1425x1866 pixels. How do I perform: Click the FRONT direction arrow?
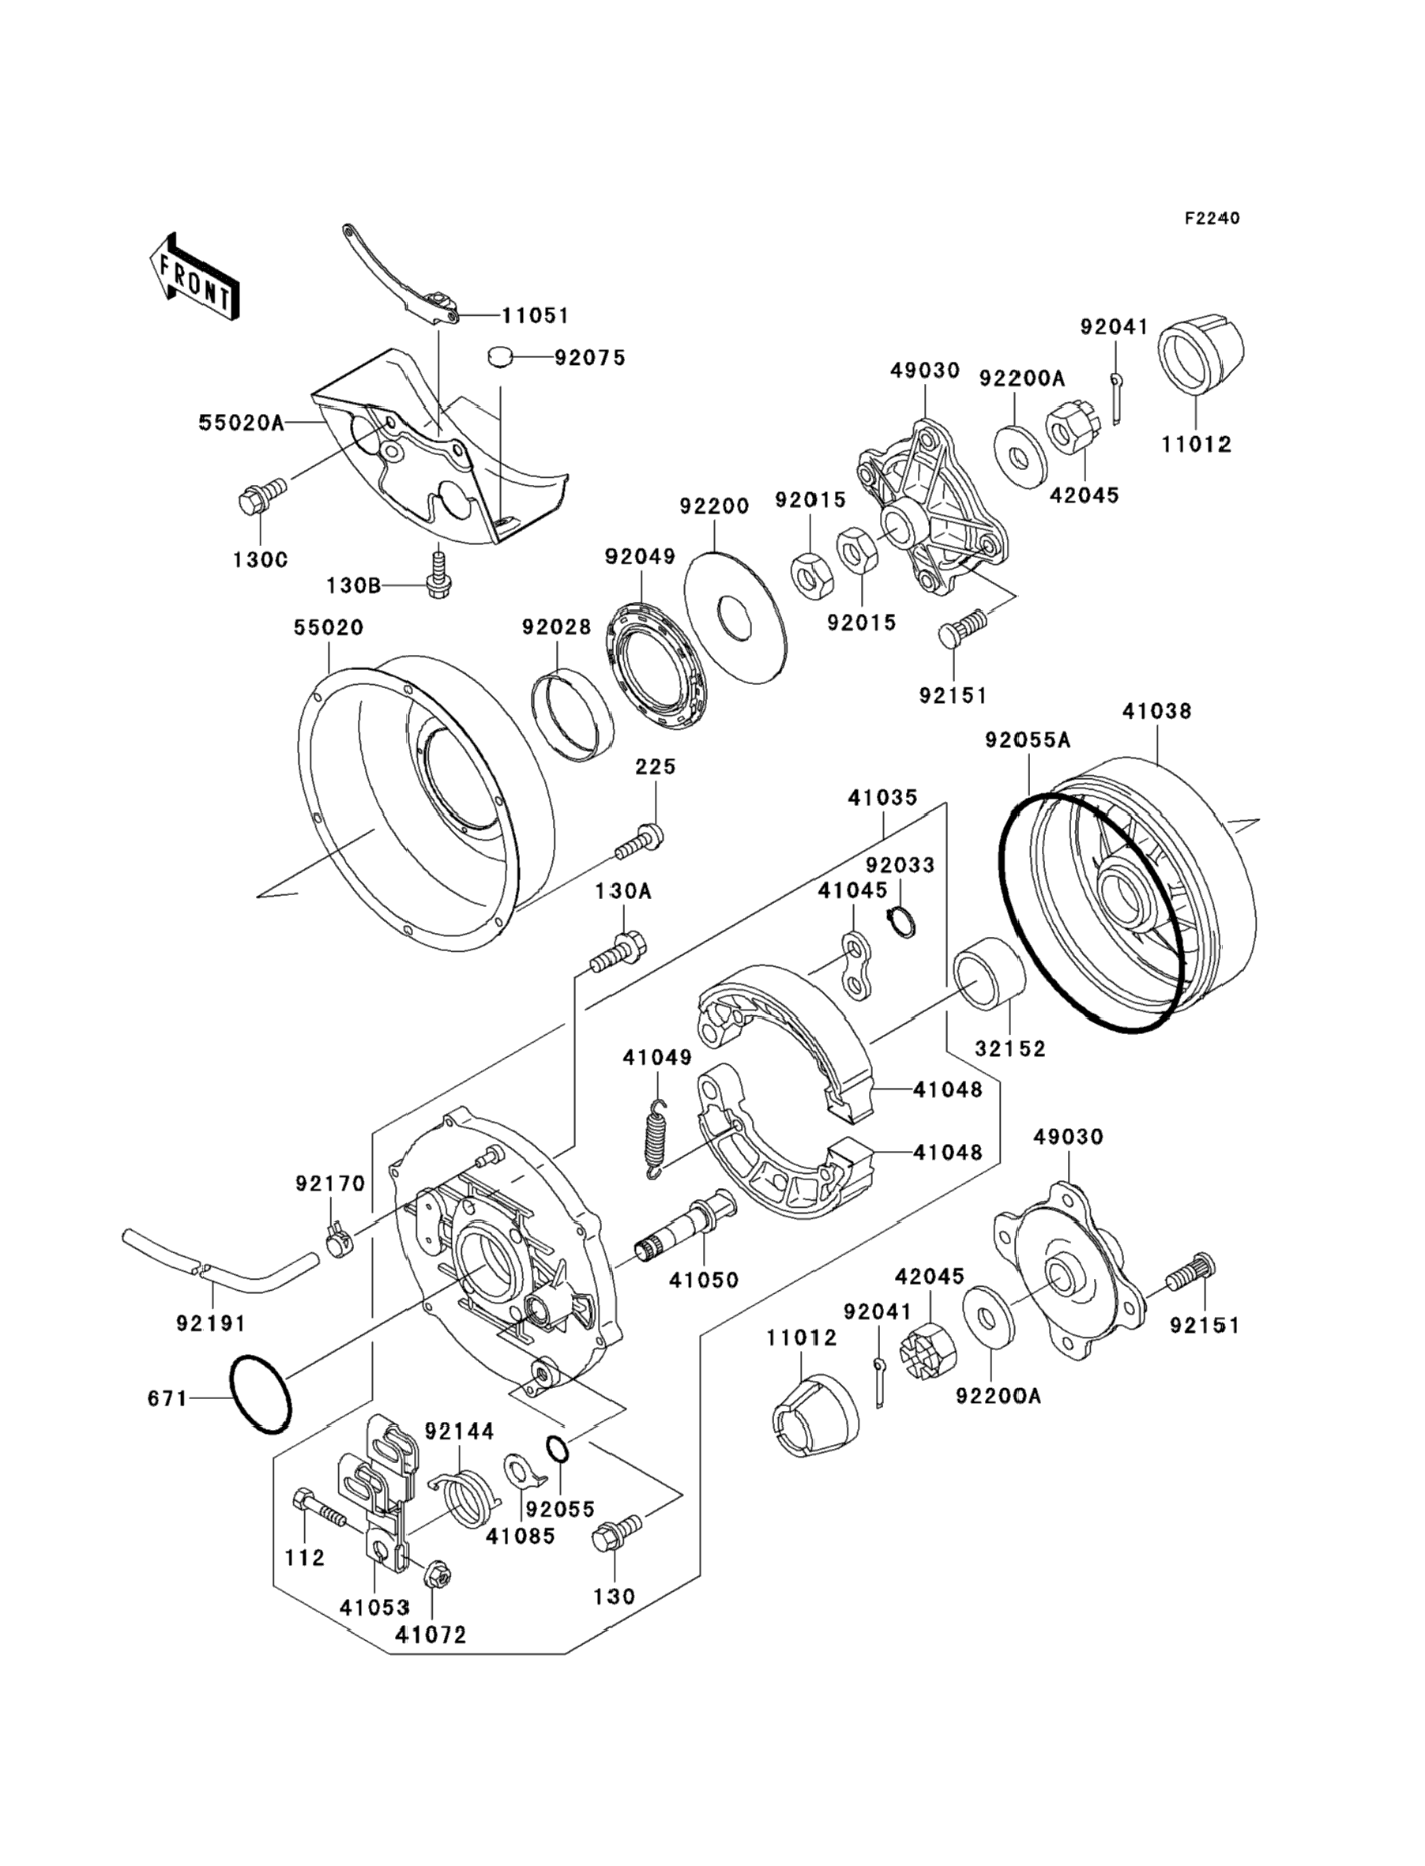point(194,277)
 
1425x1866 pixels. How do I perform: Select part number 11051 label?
point(536,315)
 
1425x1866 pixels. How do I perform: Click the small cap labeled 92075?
point(502,357)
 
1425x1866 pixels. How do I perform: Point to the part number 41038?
point(1157,711)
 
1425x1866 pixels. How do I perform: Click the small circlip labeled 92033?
point(901,922)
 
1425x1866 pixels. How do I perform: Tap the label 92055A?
point(1028,740)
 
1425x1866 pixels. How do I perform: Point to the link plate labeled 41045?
point(859,966)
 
